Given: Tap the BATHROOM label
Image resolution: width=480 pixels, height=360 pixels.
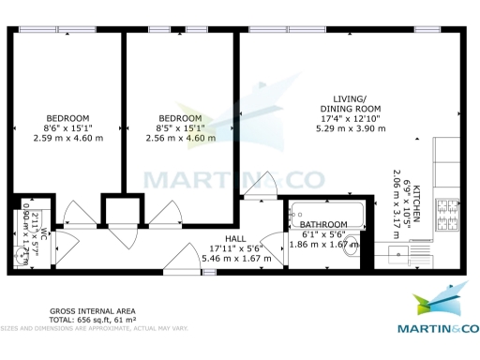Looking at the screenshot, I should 323,225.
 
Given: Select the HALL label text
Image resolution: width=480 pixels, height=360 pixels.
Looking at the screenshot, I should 234,239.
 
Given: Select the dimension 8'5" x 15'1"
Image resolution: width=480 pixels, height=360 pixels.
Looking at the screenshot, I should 180,128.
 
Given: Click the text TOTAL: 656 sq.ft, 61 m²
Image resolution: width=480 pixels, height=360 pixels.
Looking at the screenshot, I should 93,320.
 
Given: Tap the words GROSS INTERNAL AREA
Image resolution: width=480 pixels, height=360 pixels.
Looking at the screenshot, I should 93,310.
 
